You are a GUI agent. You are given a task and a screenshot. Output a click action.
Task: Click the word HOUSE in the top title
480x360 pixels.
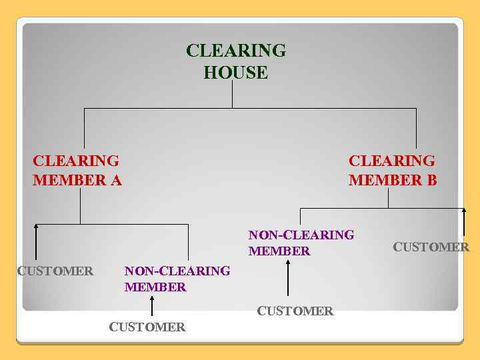[236, 73]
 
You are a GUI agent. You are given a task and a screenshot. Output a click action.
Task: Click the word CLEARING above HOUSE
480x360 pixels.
[236, 51]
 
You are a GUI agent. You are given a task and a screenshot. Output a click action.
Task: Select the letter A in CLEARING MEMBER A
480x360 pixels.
[117, 180]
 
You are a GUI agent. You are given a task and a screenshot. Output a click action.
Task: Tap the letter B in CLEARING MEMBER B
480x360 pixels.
[431, 180]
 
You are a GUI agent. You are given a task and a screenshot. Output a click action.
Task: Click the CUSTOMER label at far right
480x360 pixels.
[431, 247]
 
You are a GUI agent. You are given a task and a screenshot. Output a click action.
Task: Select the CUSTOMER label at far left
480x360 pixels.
[55, 271]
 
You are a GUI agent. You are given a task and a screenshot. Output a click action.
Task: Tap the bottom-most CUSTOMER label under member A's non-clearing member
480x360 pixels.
[147, 327]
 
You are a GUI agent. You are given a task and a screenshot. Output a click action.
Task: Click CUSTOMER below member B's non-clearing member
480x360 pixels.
[295, 311]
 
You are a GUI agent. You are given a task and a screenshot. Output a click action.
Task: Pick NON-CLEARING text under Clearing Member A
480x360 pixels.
[177, 271]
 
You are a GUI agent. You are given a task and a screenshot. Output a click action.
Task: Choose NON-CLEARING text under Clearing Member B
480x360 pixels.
[301, 235]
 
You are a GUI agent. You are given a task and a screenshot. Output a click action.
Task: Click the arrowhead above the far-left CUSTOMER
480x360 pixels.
[36, 227]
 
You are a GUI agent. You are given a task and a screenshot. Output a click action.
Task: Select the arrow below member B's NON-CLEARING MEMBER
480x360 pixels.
[288, 278]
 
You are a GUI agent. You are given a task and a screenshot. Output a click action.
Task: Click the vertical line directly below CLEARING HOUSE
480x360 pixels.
[232, 95]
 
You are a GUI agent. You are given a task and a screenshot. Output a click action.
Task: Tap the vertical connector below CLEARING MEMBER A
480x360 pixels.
[80, 205]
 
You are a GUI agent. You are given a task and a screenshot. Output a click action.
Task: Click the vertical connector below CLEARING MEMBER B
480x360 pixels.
[389, 198]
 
